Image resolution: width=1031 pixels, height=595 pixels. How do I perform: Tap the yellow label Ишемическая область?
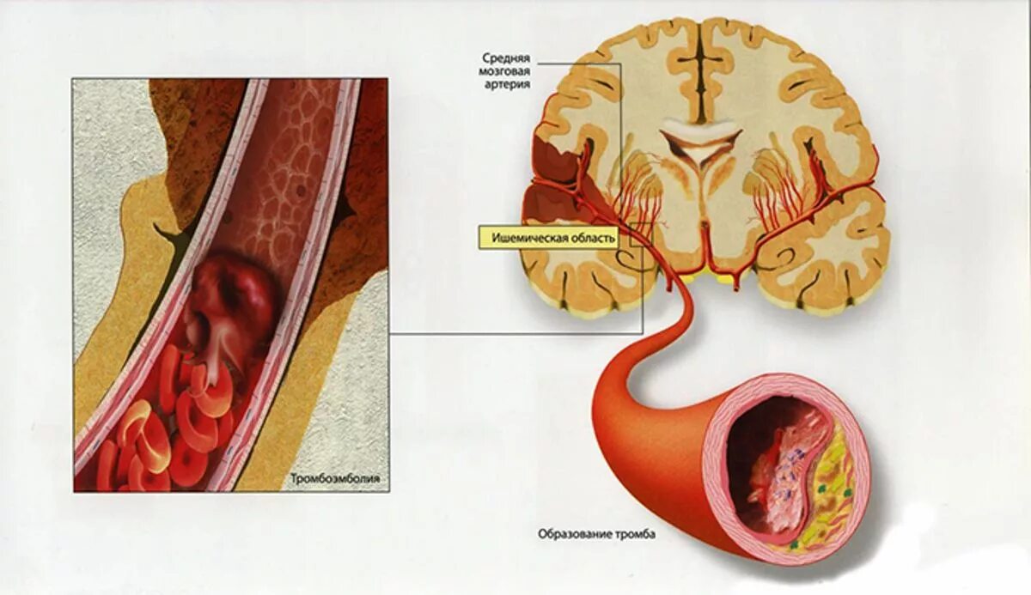coord(553,239)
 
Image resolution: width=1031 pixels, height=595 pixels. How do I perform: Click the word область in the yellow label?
coord(592,239)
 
